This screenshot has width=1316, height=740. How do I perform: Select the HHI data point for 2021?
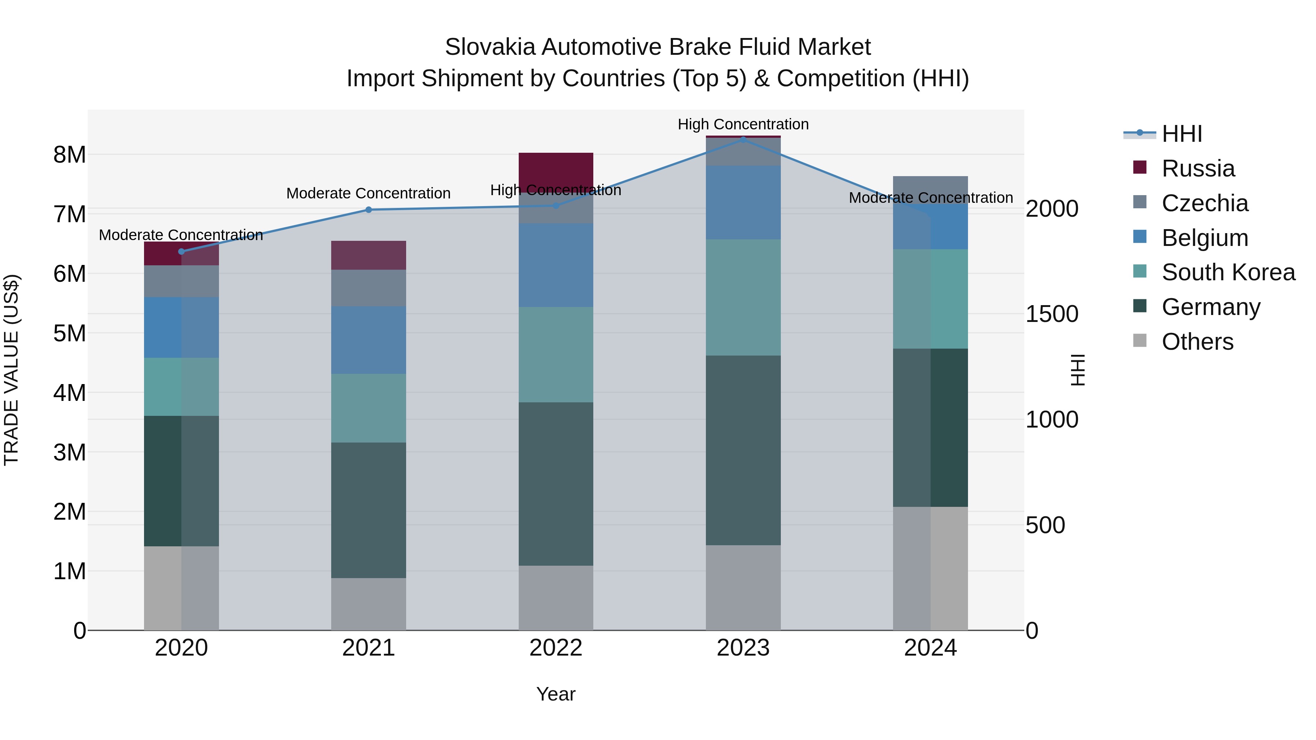click(368, 210)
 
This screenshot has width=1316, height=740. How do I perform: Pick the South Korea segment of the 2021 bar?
click(368, 408)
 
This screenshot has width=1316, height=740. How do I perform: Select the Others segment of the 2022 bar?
click(556, 597)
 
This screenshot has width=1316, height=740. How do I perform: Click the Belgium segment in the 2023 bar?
click(743, 202)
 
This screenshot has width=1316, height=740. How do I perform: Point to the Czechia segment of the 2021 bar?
click(368, 288)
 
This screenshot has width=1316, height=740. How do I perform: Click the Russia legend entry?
click(1198, 168)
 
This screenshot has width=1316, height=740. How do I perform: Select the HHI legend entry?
click(1181, 134)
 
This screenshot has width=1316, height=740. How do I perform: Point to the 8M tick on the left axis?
click(69, 155)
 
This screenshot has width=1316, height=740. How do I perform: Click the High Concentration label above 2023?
click(743, 124)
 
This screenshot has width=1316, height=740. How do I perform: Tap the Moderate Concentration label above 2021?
click(368, 194)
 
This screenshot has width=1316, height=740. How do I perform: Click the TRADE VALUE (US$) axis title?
click(11, 370)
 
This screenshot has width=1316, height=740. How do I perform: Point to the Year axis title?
click(556, 694)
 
